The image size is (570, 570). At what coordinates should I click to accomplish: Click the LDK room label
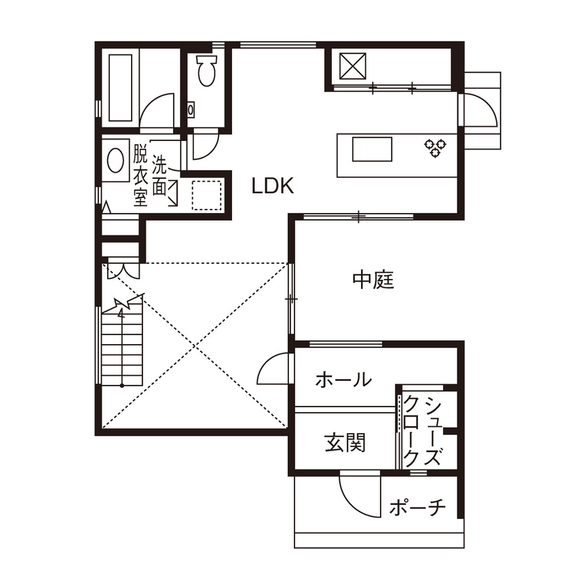tap(273, 187)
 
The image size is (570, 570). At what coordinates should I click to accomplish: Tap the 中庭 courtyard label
tap(373, 280)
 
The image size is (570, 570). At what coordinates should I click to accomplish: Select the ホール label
tap(344, 380)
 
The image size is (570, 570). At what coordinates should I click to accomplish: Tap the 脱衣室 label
tap(140, 174)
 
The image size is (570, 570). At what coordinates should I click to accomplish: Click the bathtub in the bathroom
tap(121, 85)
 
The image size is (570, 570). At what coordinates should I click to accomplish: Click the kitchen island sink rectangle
tap(371, 149)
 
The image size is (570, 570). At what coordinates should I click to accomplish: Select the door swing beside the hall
tap(274, 372)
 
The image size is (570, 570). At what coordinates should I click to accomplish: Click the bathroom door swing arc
tap(158, 110)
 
